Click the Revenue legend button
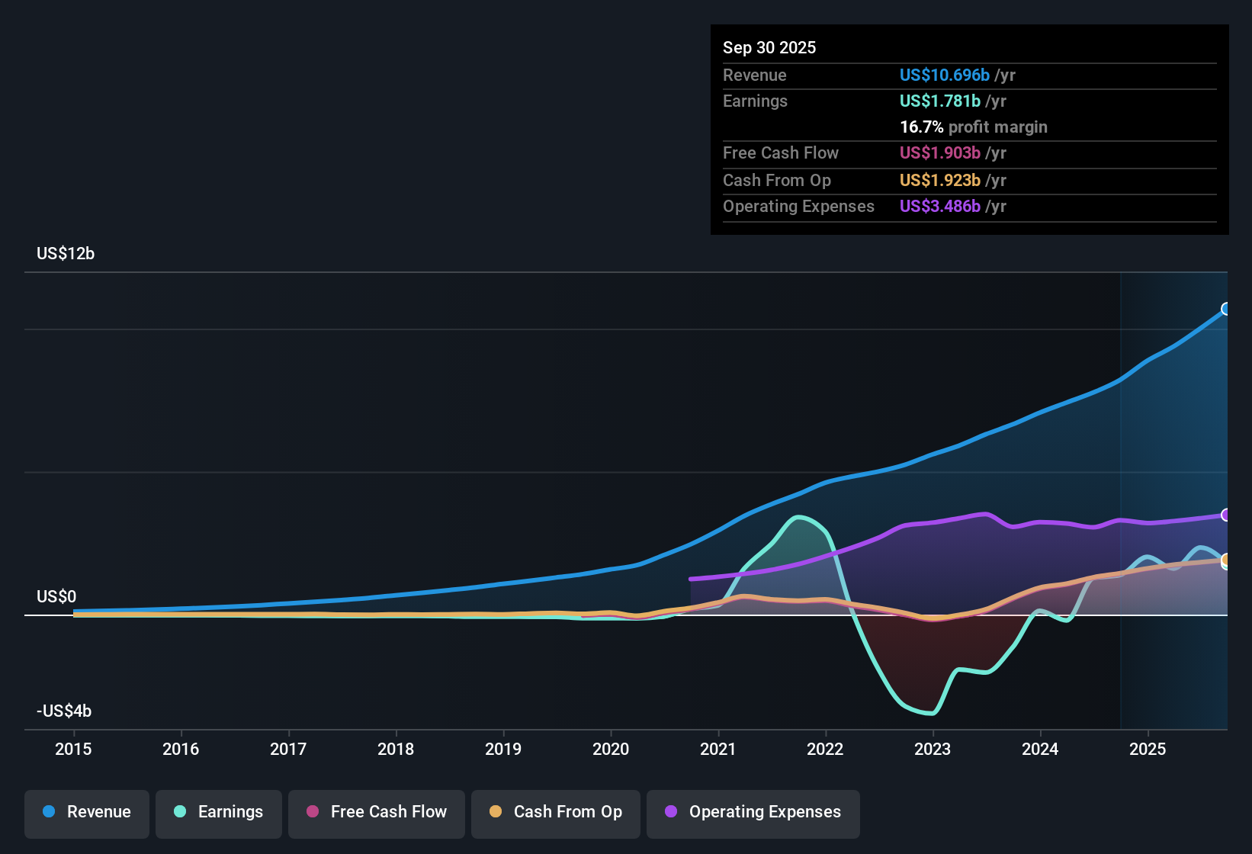87,812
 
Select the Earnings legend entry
219,812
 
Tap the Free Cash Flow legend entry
377,812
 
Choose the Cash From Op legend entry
556,812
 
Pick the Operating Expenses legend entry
753,812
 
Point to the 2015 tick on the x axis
73,749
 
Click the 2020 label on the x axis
611,749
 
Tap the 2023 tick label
933,749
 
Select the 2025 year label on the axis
1148,749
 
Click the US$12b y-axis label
66,254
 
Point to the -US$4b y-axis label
64,711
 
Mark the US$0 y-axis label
56,596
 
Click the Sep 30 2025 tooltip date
769,47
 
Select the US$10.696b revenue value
945,75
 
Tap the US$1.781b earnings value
940,101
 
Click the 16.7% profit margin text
974,127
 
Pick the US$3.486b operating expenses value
940,206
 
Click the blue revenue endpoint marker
1226,309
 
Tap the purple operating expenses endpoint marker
1226,515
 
